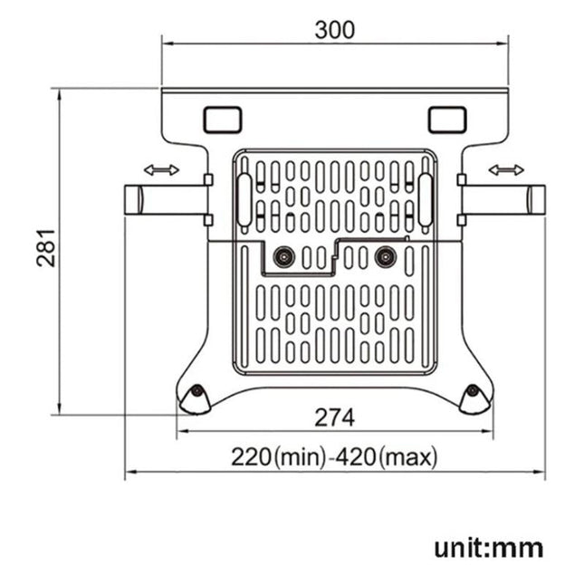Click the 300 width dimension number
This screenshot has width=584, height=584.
click(x=334, y=29)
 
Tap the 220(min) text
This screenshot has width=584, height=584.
click(x=276, y=457)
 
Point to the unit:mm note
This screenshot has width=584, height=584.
click(x=488, y=547)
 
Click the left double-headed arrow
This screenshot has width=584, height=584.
click(x=161, y=169)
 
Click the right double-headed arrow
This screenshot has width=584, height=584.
click(x=505, y=169)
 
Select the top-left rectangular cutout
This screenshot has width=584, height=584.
click(x=223, y=119)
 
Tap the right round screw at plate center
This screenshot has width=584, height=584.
click(x=386, y=257)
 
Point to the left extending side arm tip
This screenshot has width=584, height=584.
click(x=132, y=199)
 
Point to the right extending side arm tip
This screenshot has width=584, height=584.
click(x=537, y=199)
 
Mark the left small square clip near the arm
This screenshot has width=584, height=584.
click(x=207, y=180)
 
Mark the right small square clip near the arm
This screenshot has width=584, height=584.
click(x=461, y=180)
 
